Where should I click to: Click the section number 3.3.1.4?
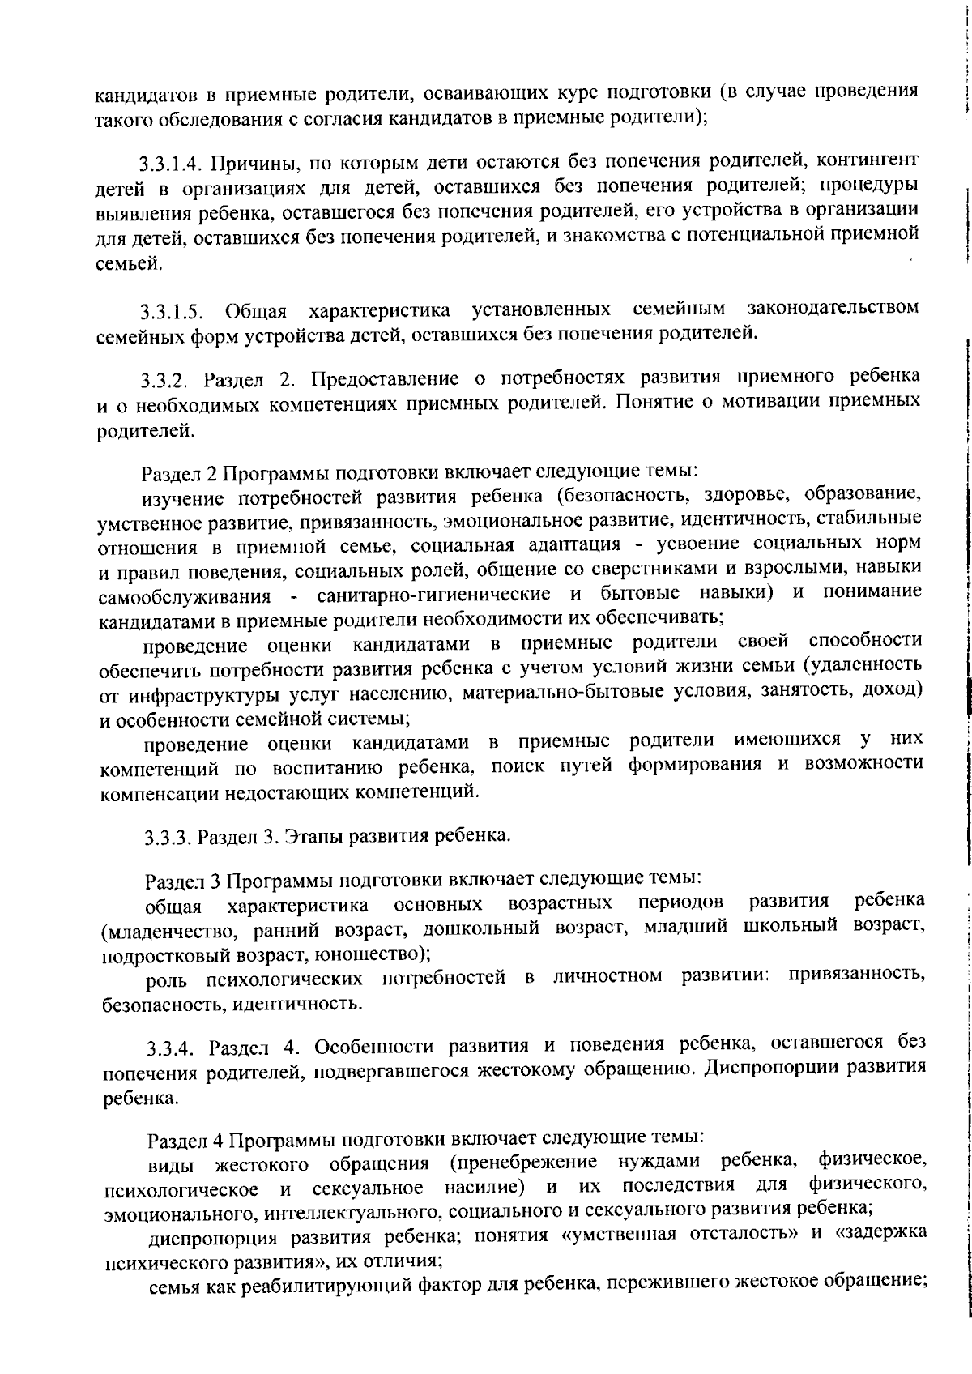click(x=169, y=163)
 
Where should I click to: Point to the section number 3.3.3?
click(x=168, y=837)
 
